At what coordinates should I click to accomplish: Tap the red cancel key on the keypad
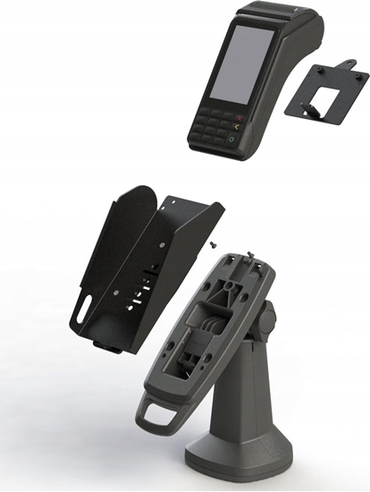tap(239, 118)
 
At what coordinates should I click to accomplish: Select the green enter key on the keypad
tap(232, 140)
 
